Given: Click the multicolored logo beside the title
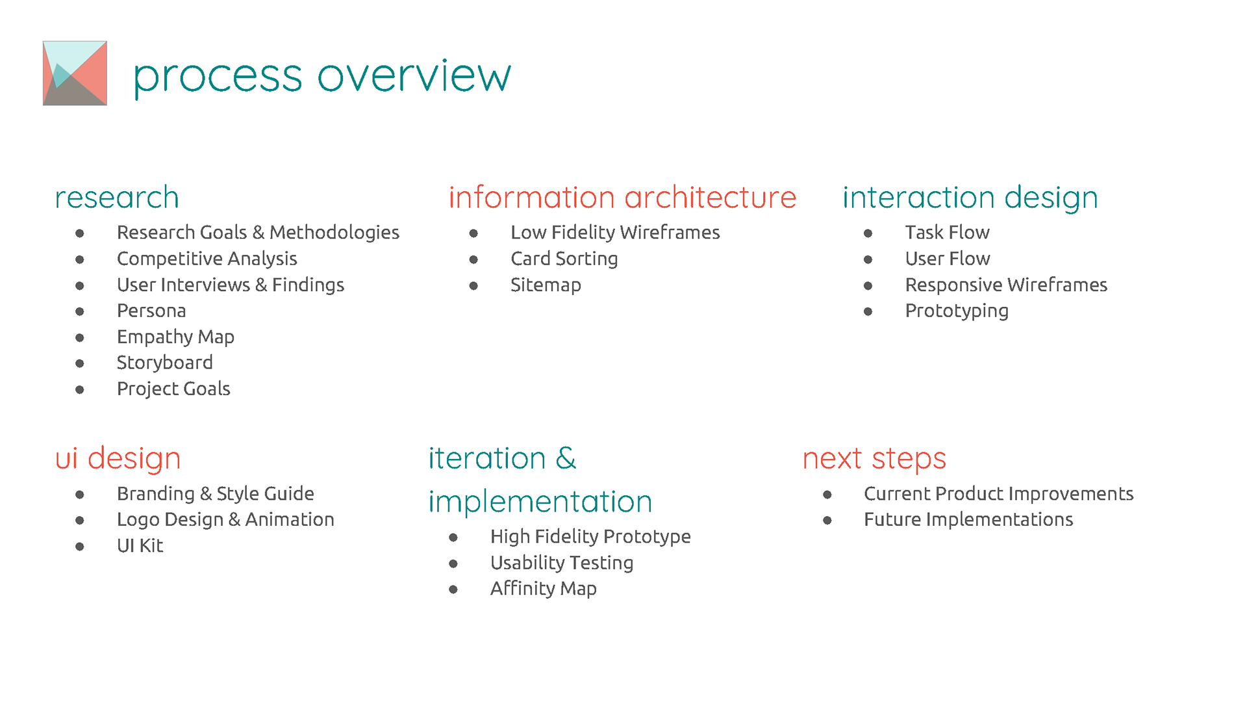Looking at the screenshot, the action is click(x=75, y=73).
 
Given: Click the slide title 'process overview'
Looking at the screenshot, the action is click(x=322, y=77).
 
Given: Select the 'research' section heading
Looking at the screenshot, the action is click(x=117, y=198).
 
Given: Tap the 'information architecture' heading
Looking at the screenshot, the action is click(x=622, y=198).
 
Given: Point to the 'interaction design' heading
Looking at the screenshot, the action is click(x=970, y=198).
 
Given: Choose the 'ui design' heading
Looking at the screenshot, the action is click(x=118, y=459).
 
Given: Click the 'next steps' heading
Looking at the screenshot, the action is click(x=874, y=460).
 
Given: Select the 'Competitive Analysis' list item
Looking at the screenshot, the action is click(x=207, y=259).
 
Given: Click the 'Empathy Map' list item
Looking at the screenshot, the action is click(x=175, y=337).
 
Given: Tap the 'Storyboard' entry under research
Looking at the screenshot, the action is click(x=165, y=363).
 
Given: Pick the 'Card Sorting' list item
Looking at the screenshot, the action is click(x=564, y=259).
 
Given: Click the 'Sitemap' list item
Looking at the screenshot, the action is click(x=546, y=285).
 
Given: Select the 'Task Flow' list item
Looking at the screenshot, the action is click(x=947, y=233).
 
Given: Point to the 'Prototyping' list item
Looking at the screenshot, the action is click(x=957, y=311).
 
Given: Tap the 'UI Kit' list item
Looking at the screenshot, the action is click(x=140, y=546).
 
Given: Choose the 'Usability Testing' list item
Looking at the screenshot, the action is click(x=562, y=563).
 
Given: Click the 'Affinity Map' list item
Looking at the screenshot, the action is click(x=543, y=589).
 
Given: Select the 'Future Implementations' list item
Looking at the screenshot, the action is click(x=968, y=520).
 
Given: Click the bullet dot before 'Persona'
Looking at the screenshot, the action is click(x=80, y=311).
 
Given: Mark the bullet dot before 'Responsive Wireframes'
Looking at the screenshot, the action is click(x=868, y=285).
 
